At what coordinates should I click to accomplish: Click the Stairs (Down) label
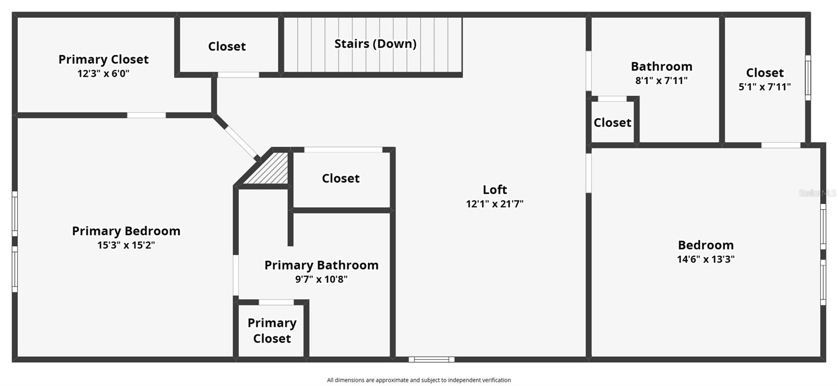(375, 43)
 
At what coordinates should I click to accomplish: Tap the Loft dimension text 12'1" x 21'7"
(494, 204)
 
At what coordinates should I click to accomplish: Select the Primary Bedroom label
(126, 231)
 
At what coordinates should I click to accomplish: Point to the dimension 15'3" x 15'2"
(126, 245)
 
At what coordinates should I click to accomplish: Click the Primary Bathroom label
(321, 265)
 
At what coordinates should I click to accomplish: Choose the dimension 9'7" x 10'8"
(321, 279)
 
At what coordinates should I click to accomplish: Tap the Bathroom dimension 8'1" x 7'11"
(661, 81)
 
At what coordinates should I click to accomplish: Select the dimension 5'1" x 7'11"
(764, 87)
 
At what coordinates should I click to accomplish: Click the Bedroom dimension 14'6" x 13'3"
(705, 259)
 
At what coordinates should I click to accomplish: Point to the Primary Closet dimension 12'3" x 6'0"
(103, 74)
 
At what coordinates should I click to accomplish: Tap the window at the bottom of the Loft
(432, 359)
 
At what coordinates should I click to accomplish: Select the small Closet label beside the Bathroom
(612, 123)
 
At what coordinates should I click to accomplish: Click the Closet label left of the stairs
(227, 47)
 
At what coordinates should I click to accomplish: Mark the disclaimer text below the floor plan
(418, 380)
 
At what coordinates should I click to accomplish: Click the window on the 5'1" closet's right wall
(808, 78)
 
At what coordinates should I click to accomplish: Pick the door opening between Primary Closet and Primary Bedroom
(147, 115)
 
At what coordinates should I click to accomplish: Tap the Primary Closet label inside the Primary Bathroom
(272, 331)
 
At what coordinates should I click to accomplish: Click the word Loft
(494, 189)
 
